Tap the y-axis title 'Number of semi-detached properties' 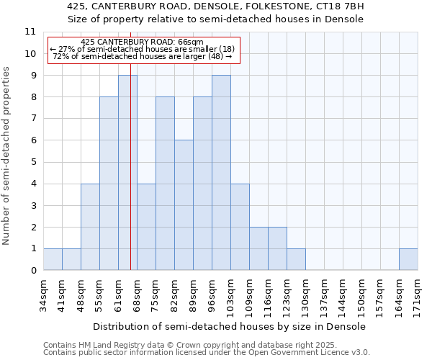click(6, 156)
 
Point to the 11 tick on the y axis click(30, 32)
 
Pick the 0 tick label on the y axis click(33, 271)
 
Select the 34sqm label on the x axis click(43, 294)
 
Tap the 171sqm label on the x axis click(418, 296)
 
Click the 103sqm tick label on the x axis click(230, 296)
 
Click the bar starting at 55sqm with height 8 click(109, 184)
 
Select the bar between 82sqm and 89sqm click(184, 205)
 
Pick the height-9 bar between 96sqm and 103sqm click(221, 173)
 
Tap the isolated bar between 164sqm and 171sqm click(408, 259)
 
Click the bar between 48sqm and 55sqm click(90, 227)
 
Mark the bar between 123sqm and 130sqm click(296, 259)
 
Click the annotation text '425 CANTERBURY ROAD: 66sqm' click(142, 42)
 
